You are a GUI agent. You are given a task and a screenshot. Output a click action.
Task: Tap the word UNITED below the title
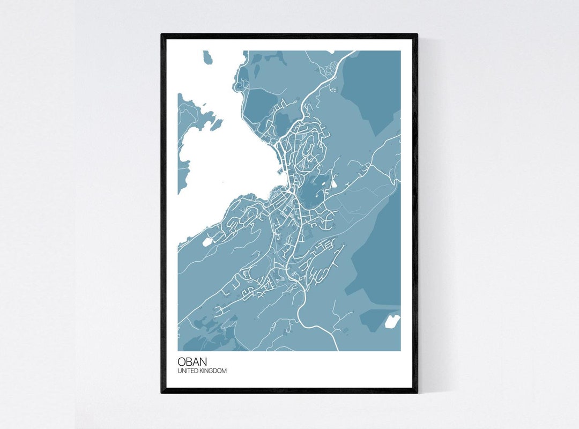coord(188,371)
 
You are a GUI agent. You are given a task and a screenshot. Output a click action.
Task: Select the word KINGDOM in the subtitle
coord(213,371)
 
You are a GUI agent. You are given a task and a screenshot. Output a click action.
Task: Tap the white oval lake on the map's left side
coord(207,241)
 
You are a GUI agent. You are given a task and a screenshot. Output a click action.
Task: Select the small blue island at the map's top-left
coord(208,57)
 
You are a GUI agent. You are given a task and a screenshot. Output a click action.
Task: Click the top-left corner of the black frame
coord(162,35)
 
